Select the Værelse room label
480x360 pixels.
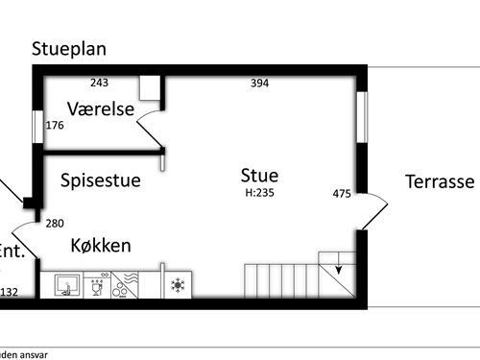[x=100, y=108]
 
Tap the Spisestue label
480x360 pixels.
[x=100, y=180]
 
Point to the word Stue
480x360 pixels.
[x=259, y=175]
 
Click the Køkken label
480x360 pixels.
[x=101, y=246]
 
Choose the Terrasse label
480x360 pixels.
[x=440, y=181]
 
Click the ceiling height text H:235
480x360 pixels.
[x=259, y=191]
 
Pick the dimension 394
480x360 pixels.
[x=259, y=84]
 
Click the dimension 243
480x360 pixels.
[x=100, y=83]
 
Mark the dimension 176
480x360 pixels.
[x=55, y=126]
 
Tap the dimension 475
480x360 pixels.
[x=342, y=194]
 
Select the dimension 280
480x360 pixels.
[x=55, y=224]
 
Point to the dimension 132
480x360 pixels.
[x=10, y=292]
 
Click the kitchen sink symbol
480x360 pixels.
[x=66, y=284]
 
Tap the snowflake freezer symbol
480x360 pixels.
[x=177, y=285]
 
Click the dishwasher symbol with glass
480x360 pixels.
[x=97, y=285]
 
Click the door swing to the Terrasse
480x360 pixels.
[x=375, y=206]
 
